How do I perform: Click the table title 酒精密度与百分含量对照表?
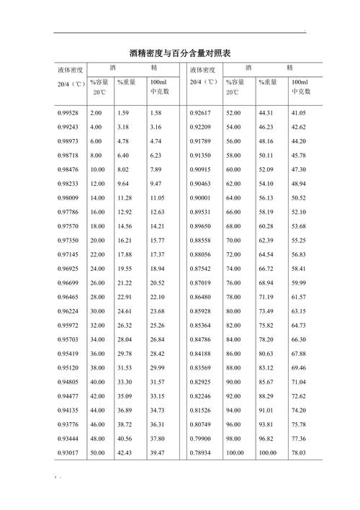(x=179, y=53)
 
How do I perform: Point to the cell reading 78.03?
(x=298, y=452)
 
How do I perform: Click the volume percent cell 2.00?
(x=96, y=113)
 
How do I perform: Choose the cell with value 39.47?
(x=157, y=452)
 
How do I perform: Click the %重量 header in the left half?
(x=126, y=83)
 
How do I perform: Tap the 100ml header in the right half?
(x=299, y=83)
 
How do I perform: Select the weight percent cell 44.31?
(x=266, y=113)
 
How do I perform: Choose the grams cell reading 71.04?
(x=298, y=382)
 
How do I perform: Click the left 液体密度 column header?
(x=71, y=70)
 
